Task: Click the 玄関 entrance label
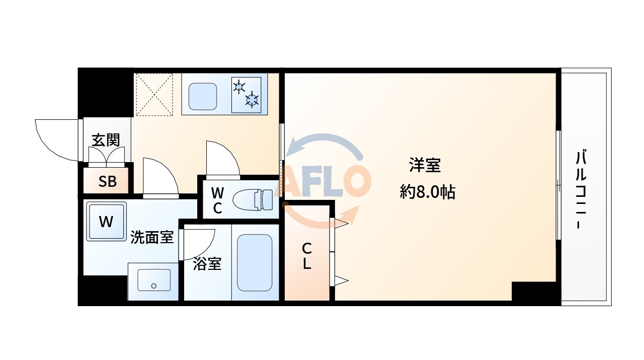(105, 139)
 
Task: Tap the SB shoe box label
(107, 181)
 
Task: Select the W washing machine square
(106, 222)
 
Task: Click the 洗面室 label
(152, 237)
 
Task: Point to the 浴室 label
(207, 263)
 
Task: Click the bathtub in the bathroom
(255, 262)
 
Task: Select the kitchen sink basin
(203, 96)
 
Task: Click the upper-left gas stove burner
(239, 87)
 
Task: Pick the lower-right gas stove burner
(252, 100)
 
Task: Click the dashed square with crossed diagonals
(154, 94)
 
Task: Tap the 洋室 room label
(425, 165)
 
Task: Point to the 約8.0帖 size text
(427, 192)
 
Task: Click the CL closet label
(306, 256)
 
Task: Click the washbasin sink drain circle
(154, 286)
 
